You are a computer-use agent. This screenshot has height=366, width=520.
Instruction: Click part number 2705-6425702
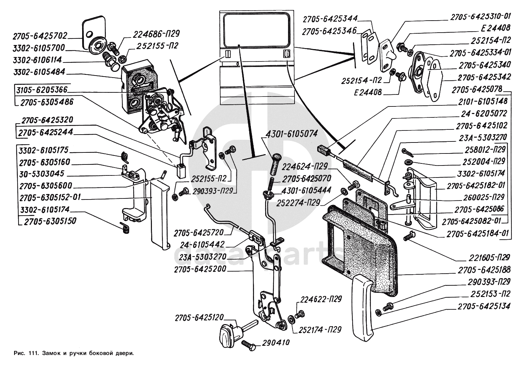click(x=40, y=36)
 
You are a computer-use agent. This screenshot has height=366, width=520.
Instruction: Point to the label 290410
click(x=276, y=342)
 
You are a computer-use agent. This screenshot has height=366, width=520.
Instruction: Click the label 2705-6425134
click(x=484, y=306)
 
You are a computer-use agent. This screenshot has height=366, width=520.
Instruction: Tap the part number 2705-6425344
click(x=330, y=18)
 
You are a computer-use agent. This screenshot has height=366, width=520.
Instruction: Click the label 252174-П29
click(x=320, y=330)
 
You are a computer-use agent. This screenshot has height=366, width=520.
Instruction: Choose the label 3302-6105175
click(x=44, y=150)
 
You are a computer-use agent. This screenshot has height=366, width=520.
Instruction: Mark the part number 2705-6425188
click(x=484, y=270)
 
